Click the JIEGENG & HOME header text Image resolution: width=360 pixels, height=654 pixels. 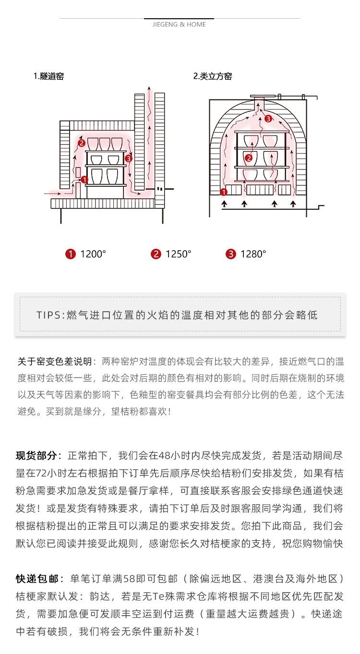(x=179, y=24)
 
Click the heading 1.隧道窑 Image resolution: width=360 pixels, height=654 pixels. (x=48, y=76)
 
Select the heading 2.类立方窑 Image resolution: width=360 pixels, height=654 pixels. (x=212, y=76)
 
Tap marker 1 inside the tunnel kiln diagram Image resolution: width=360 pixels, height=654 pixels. (x=84, y=180)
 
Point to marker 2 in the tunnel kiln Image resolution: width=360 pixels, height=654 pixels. (x=81, y=143)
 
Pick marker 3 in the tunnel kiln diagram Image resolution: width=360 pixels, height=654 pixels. (x=128, y=158)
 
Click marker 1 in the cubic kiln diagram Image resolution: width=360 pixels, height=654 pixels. (x=223, y=193)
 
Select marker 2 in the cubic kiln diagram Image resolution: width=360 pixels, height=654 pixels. (x=248, y=157)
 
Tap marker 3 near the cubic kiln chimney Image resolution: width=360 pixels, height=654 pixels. (x=268, y=118)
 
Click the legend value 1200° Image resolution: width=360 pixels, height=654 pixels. (x=93, y=254)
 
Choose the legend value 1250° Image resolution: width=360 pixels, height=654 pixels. (x=178, y=254)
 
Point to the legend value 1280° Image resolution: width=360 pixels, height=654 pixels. (x=253, y=254)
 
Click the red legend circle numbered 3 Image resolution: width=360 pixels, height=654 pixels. (x=231, y=254)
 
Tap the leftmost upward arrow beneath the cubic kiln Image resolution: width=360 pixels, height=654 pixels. (x=224, y=205)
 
